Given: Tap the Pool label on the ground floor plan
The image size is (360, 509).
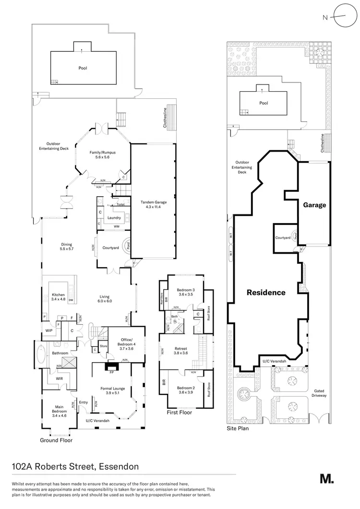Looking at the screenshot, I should pyautogui.click(x=83, y=68).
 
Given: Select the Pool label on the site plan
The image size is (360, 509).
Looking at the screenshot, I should pyautogui.click(x=263, y=103).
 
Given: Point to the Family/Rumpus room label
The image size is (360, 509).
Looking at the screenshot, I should pyautogui.click(x=103, y=154).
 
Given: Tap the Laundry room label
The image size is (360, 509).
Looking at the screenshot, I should pyautogui.click(x=114, y=218).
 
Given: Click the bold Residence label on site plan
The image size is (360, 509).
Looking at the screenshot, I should pyautogui.click(x=266, y=292).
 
